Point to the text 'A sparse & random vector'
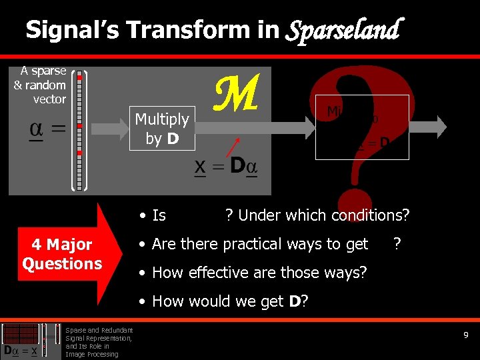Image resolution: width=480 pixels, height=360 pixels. point(41,85)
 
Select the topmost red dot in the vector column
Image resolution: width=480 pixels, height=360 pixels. point(79,77)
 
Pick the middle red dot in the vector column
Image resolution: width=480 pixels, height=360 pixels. point(79,125)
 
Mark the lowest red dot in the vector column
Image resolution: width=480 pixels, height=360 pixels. point(79,153)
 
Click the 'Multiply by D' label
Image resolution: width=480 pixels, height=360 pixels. point(162,129)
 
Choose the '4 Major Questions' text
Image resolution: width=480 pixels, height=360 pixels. point(62,254)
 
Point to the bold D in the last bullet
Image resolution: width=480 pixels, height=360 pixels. point(294,301)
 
